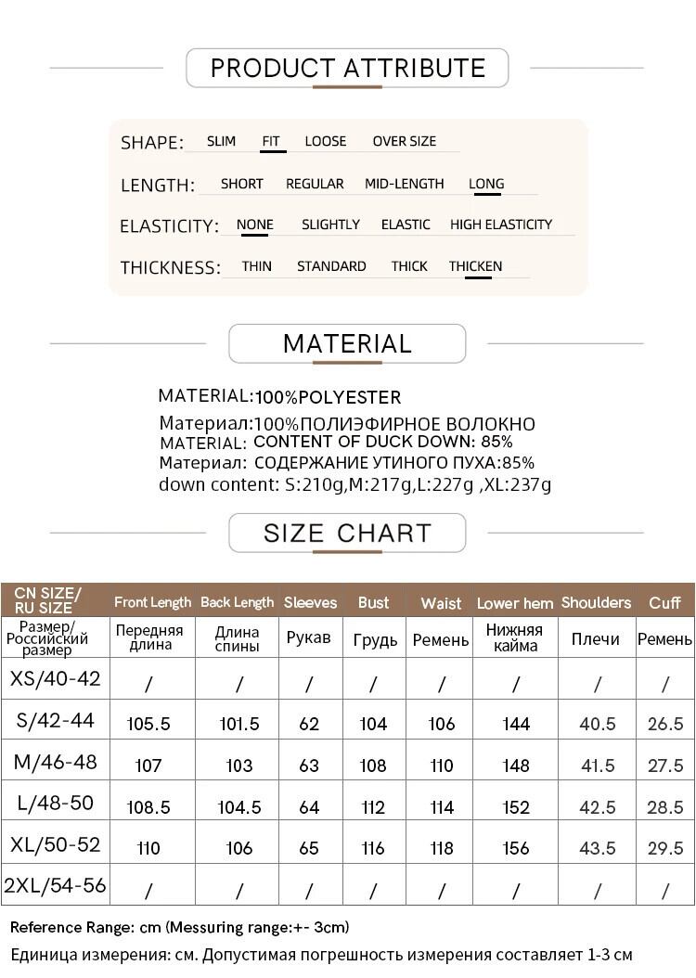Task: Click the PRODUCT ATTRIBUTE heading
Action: coord(347,68)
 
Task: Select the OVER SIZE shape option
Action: coord(404,141)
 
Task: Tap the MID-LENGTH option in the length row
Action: coord(404,184)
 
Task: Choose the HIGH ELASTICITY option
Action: coord(500,225)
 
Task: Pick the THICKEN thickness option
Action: coord(475,266)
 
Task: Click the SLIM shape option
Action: coord(221,141)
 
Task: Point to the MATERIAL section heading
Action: coord(347,343)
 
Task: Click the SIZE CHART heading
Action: coord(347,534)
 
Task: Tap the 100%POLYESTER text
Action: coord(329,398)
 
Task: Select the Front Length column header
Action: coord(152,602)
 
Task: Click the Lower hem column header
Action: coord(515,603)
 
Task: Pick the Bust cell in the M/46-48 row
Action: coord(373,766)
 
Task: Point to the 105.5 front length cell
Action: coord(148,724)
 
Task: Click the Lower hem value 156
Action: coord(515,848)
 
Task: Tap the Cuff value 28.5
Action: coord(665,807)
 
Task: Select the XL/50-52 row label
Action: coord(56,845)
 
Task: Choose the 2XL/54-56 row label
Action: coord(56,886)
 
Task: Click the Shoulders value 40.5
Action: coord(597,724)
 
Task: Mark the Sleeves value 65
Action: coord(309,848)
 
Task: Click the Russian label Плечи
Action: coord(596,639)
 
